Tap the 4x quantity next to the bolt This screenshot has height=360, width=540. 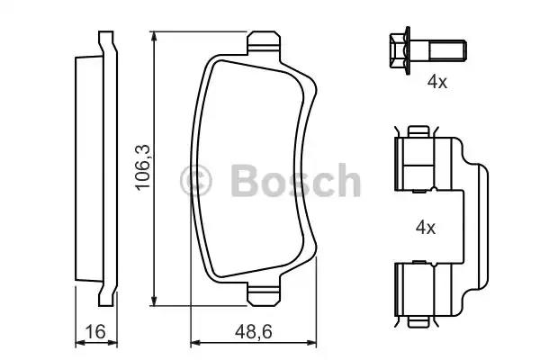tap(437, 82)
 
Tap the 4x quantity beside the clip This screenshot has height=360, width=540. tap(425, 228)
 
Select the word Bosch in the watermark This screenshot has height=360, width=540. tap(295, 181)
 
